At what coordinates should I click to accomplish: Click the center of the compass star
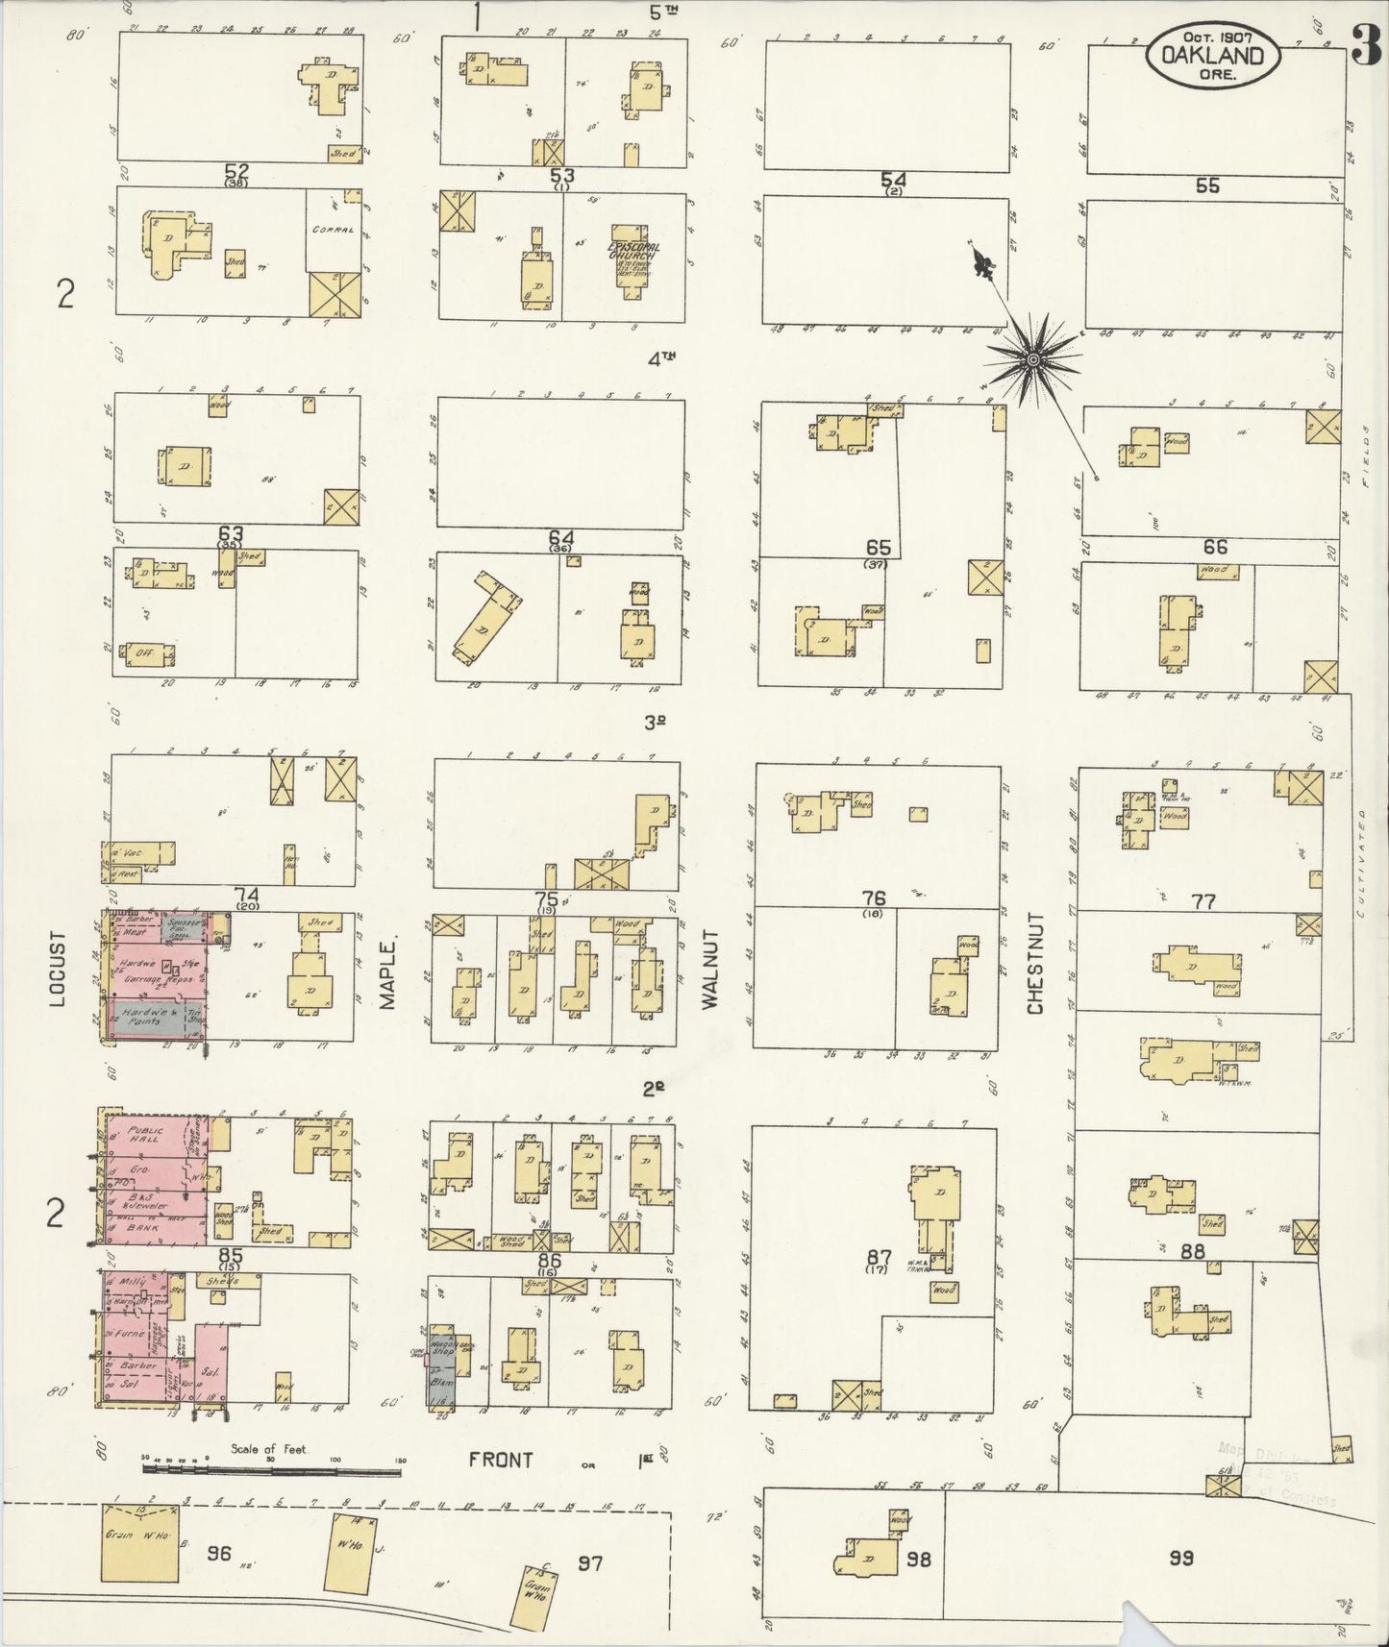pos(1032,359)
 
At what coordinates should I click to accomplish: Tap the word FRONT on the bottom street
pos(500,1487)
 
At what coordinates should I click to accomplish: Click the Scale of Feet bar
pos(271,1496)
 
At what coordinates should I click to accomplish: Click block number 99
pos(1180,1558)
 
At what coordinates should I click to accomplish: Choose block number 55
pos(1207,185)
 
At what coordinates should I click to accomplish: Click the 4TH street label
pos(661,358)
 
